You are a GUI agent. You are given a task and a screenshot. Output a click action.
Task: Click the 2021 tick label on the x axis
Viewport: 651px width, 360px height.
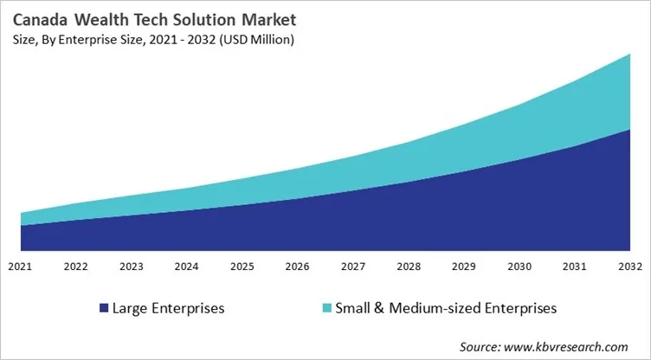[21, 267]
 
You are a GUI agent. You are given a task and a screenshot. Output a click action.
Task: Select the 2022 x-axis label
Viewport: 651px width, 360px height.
[76, 267]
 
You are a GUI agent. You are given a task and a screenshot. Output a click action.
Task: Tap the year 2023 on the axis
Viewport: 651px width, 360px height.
[132, 267]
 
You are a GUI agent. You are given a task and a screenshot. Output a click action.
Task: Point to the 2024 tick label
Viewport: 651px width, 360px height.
[187, 267]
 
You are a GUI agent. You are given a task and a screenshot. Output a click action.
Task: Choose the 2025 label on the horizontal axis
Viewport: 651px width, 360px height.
[242, 267]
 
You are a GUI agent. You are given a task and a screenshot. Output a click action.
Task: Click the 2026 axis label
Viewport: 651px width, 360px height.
[298, 267]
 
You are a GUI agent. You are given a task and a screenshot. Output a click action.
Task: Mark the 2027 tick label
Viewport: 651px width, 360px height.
[353, 267]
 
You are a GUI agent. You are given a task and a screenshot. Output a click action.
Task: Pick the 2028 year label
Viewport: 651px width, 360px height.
[409, 267]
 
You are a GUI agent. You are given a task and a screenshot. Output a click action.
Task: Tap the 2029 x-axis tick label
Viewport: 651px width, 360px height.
[464, 267]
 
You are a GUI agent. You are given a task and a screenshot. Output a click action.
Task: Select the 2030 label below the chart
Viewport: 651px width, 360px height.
[519, 267]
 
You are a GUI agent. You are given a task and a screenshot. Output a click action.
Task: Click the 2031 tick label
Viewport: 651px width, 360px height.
[575, 267]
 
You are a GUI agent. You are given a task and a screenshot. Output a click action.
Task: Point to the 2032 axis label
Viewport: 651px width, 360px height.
[629, 267]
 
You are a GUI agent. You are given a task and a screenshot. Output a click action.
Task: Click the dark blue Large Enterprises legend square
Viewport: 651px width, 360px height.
[105, 308]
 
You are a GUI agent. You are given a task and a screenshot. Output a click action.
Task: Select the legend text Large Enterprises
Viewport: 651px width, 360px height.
[170, 308]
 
